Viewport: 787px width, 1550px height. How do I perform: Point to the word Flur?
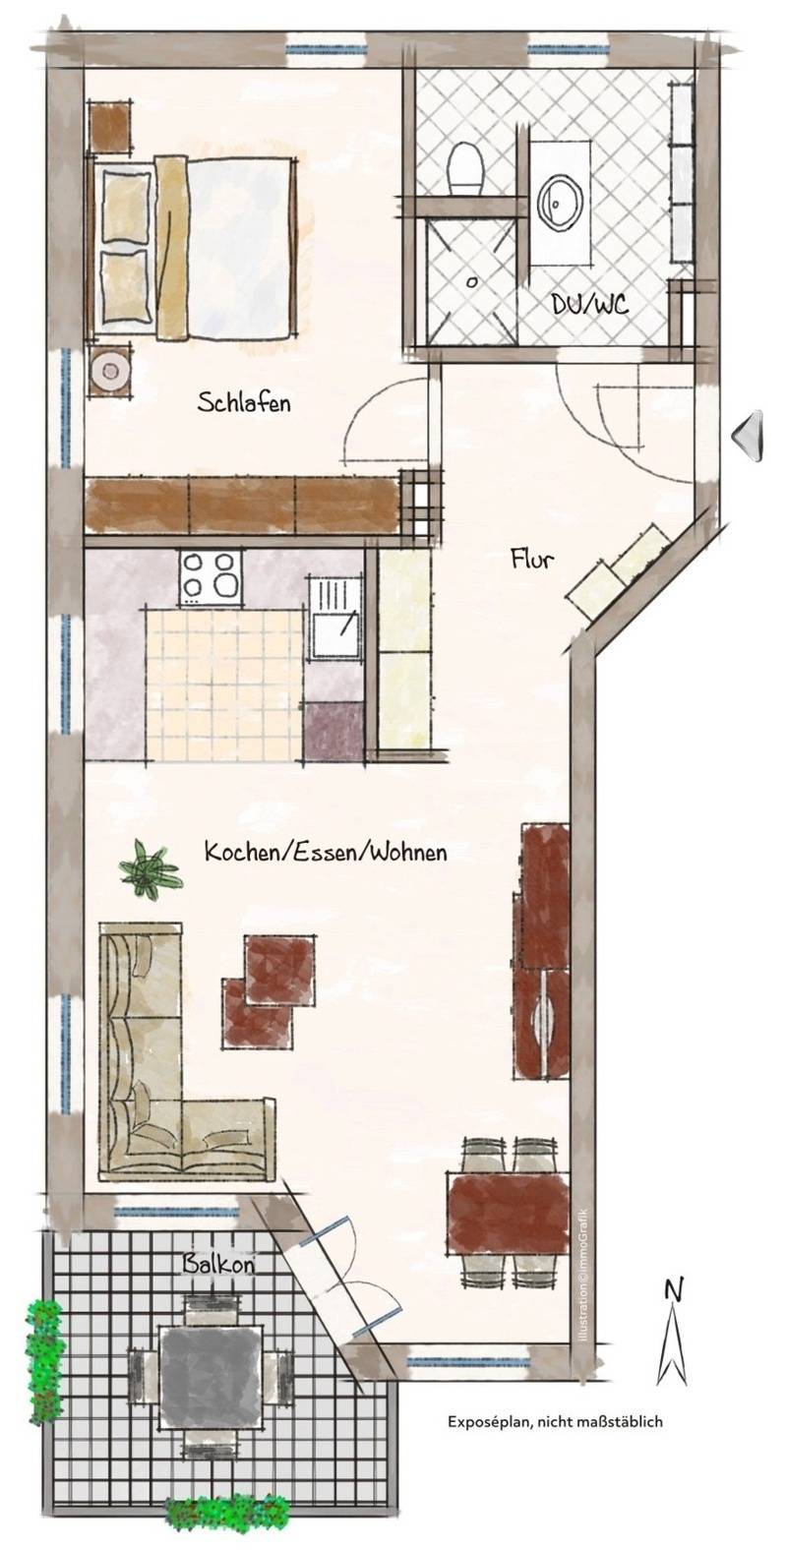pos(531,558)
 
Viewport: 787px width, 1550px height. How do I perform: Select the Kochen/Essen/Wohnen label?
pos(326,852)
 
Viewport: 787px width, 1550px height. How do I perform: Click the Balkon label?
pos(218,1264)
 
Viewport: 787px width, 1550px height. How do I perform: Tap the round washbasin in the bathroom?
pos(560,202)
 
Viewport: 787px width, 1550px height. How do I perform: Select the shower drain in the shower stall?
pos(470,281)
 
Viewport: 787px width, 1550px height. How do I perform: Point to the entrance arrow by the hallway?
pos(747,436)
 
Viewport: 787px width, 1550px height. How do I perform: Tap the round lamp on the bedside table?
pos(110,371)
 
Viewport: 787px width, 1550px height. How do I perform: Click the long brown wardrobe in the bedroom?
pos(242,507)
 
